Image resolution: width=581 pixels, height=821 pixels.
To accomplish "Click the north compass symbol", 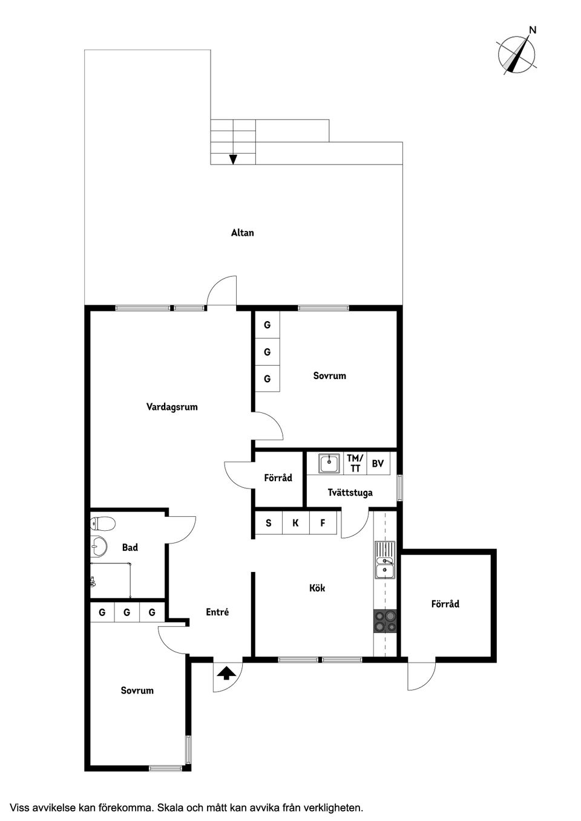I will point(517,55).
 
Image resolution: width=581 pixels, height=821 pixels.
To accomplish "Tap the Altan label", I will point(242,233).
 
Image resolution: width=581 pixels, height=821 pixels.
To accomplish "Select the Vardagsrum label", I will point(172,407).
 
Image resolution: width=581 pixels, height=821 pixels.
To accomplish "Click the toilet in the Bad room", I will point(101,523).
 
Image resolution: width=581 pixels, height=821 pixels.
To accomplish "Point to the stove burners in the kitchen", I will point(385,621).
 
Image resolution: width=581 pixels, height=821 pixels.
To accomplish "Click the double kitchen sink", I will point(384,560).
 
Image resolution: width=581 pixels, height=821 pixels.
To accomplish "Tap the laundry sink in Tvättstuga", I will point(329,464).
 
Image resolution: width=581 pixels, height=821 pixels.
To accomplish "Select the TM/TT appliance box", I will point(355,464).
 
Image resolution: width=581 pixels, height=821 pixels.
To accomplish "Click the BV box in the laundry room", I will point(378,464).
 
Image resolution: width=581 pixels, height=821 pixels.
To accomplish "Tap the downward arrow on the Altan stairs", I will point(233,159).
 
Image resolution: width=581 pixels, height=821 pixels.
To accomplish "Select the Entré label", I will point(217,612).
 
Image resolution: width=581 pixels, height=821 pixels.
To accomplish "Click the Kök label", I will point(317,588).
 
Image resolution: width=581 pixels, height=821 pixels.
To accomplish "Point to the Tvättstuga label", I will point(350,493).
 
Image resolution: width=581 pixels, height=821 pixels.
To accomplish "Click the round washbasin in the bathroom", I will point(98,547).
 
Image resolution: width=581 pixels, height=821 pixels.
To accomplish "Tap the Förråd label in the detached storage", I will point(445,604).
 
